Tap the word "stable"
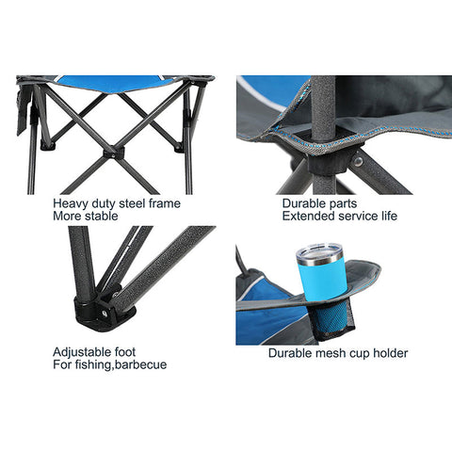click(102, 216)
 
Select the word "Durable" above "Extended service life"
click(303, 203)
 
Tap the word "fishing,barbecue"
click(121, 364)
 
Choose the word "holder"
click(391, 353)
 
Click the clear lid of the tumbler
click(319, 252)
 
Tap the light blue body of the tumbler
click(323, 280)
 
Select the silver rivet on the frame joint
click(358, 161)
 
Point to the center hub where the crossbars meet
click(114, 153)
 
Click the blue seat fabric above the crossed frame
click(115, 83)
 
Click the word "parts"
click(343, 204)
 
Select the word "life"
click(390, 216)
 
